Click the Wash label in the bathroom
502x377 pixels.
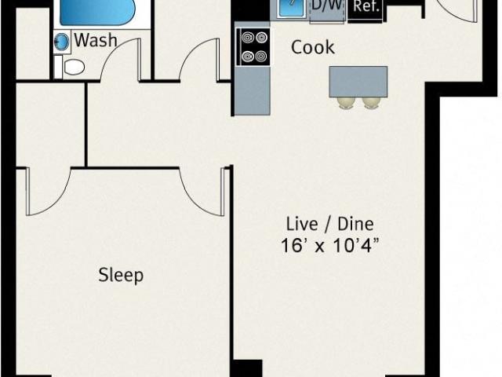pos(96,41)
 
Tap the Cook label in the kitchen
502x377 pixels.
pos(313,47)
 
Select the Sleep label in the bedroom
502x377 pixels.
pos(121,275)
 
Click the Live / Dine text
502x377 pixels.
pos(329,224)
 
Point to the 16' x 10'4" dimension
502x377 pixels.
pos(329,246)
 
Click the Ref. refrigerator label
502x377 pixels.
pos(366,6)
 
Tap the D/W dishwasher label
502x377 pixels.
pos(327,5)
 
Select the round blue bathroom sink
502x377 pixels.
pos(62,42)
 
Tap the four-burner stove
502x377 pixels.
pos(253,47)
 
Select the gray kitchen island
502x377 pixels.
pos(358,82)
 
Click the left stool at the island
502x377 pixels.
pos(346,103)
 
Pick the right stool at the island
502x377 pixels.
pos(371,103)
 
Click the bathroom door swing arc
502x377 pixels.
pos(113,50)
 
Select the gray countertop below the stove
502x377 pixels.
pos(253,91)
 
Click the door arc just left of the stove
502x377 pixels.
pos(191,51)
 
